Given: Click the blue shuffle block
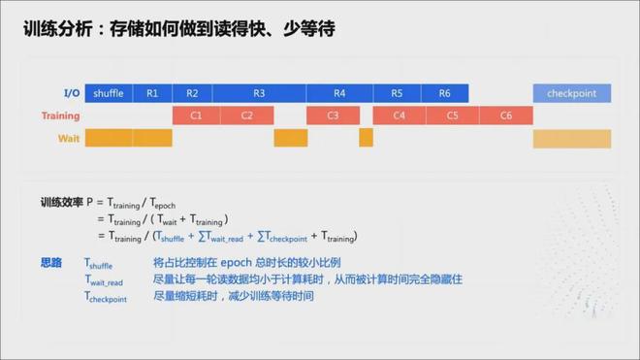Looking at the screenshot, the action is coord(109,93).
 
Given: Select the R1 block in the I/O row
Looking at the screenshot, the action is coord(152,93).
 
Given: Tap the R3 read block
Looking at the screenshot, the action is coord(259,93).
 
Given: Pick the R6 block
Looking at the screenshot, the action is coord(445,93).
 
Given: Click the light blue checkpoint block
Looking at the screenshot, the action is coord(572,93).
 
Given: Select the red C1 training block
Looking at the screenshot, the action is coord(196,115).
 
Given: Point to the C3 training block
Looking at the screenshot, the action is coord(333,115).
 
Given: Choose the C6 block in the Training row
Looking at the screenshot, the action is coord(506,115).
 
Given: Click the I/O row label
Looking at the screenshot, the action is coord(72,93).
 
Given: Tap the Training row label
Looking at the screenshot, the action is coord(61,116).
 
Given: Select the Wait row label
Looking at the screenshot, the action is coord(69,139).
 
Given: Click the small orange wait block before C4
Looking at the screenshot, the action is coord(367,138).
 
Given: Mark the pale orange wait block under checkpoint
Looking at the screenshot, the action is coord(572,139).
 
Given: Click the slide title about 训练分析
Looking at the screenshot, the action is coord(179,29).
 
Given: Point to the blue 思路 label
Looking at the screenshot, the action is coord(51,262).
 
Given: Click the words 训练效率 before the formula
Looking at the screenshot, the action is coord(62,202).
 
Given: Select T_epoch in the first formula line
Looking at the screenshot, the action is coord(163,203).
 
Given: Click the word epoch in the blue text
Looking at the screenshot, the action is coord(236,263).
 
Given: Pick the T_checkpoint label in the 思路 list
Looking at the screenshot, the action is coord(106,297).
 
